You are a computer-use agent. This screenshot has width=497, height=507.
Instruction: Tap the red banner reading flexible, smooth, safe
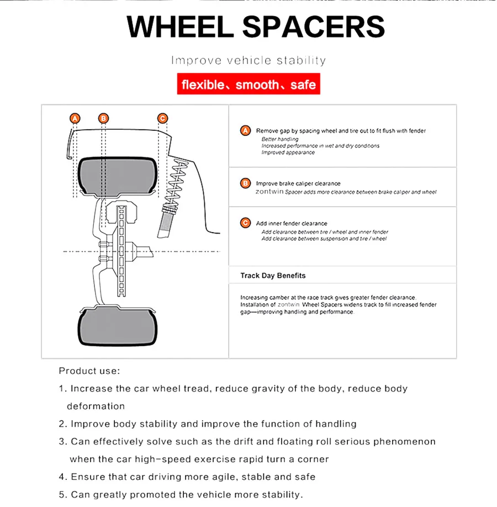(x=248, y=85)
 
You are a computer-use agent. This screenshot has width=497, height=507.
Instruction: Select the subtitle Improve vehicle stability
(x=248, y=60)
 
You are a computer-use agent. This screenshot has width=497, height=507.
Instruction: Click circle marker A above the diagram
(x=75, y=118)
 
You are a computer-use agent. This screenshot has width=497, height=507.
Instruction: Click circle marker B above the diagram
(x=103, y=118)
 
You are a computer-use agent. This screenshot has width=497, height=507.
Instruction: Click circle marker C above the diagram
(x=162, y=118)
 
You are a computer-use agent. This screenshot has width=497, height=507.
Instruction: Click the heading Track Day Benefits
(x=273, y=276)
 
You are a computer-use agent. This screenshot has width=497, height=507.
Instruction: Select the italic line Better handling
(x=279, y=139)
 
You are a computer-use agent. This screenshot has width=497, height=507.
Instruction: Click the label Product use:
(x=89, y=371)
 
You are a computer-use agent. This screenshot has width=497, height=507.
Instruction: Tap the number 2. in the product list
(x=62, y=424)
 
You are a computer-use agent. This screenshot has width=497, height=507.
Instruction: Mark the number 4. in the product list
(x=62, y=477)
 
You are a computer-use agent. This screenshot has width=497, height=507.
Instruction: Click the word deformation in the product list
(x=96, y=406)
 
